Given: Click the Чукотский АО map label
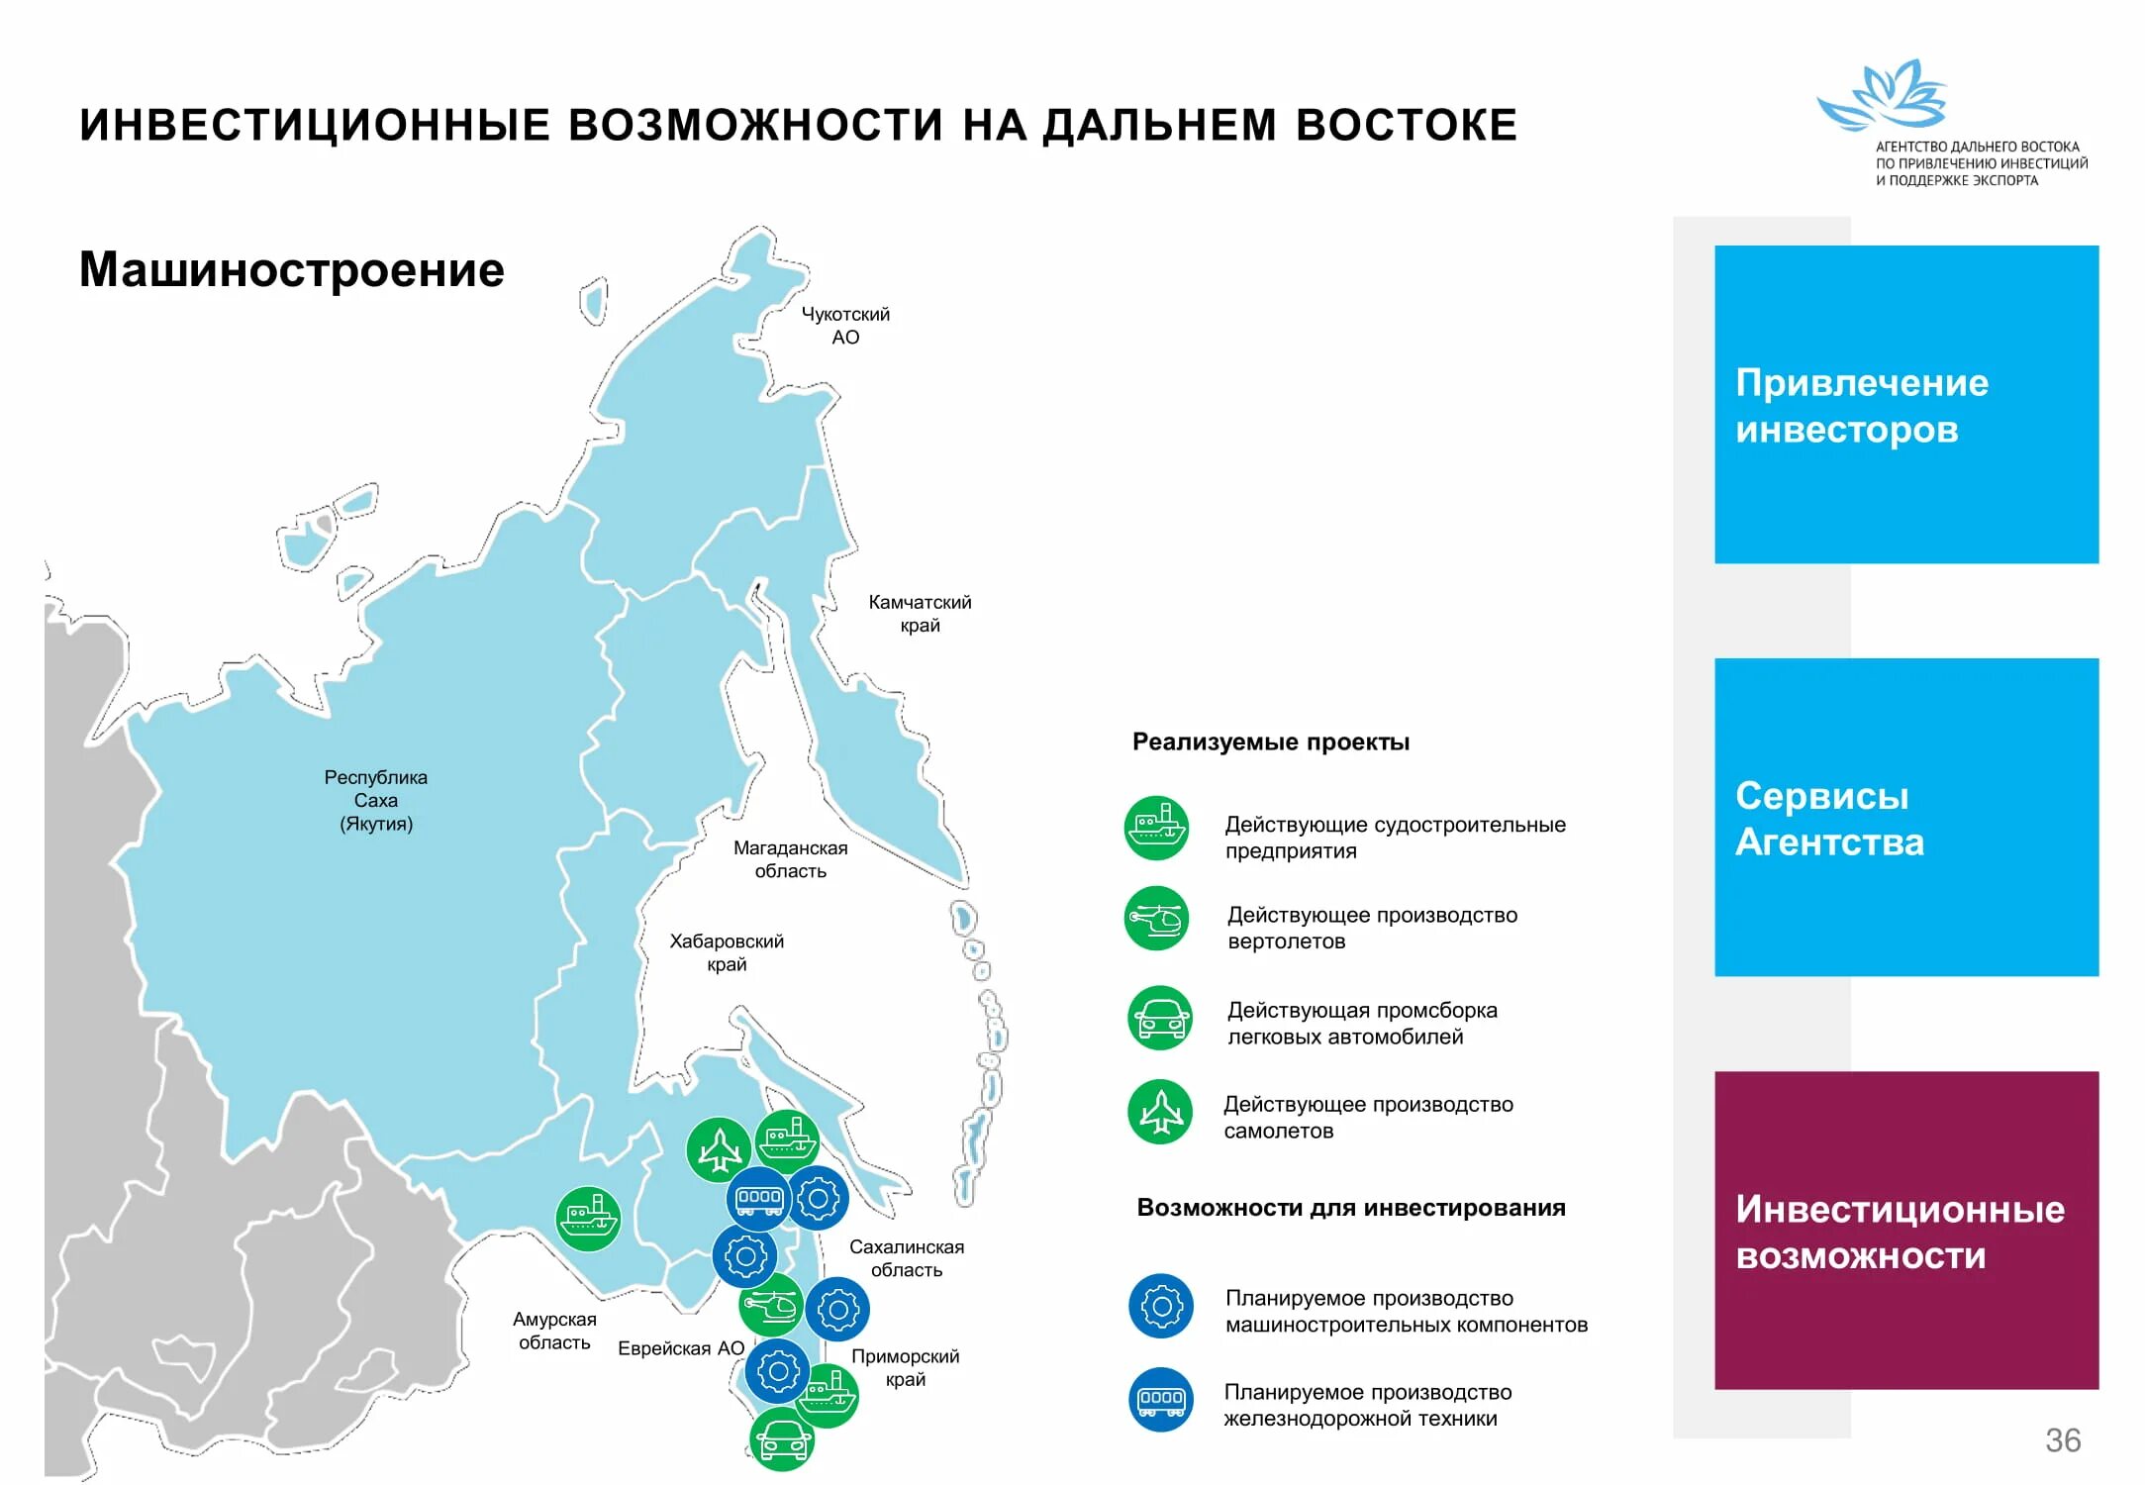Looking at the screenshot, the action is pos(844,326).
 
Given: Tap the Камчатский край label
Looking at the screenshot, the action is pos(920,614).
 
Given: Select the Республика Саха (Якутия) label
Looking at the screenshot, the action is pos(376,800).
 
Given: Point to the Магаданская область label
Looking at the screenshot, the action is pos(790,859).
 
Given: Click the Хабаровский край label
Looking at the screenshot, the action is pos(727,952).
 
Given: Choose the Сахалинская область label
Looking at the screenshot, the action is pos(906,1258).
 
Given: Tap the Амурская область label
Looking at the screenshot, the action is pos(554,1331).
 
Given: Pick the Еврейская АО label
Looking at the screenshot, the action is pos(681,1348).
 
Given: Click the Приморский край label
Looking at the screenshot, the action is pos(905,1367).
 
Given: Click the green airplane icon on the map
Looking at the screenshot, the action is pos(719,1149).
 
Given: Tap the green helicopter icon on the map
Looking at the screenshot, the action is pos(770,1306).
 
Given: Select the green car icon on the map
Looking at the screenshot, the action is pos(782,1439).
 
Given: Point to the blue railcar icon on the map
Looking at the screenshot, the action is pos(758,1199).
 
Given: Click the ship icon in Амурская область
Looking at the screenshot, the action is pos(588,1219).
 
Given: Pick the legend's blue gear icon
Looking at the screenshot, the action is pos(1160,1307).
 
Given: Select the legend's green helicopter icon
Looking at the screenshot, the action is pos(1156,919).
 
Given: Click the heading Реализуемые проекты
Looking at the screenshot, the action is pos(1270,742).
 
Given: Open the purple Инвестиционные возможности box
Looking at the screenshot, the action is pos(1905,1231).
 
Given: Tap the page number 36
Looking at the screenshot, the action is pos(2063,1440).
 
